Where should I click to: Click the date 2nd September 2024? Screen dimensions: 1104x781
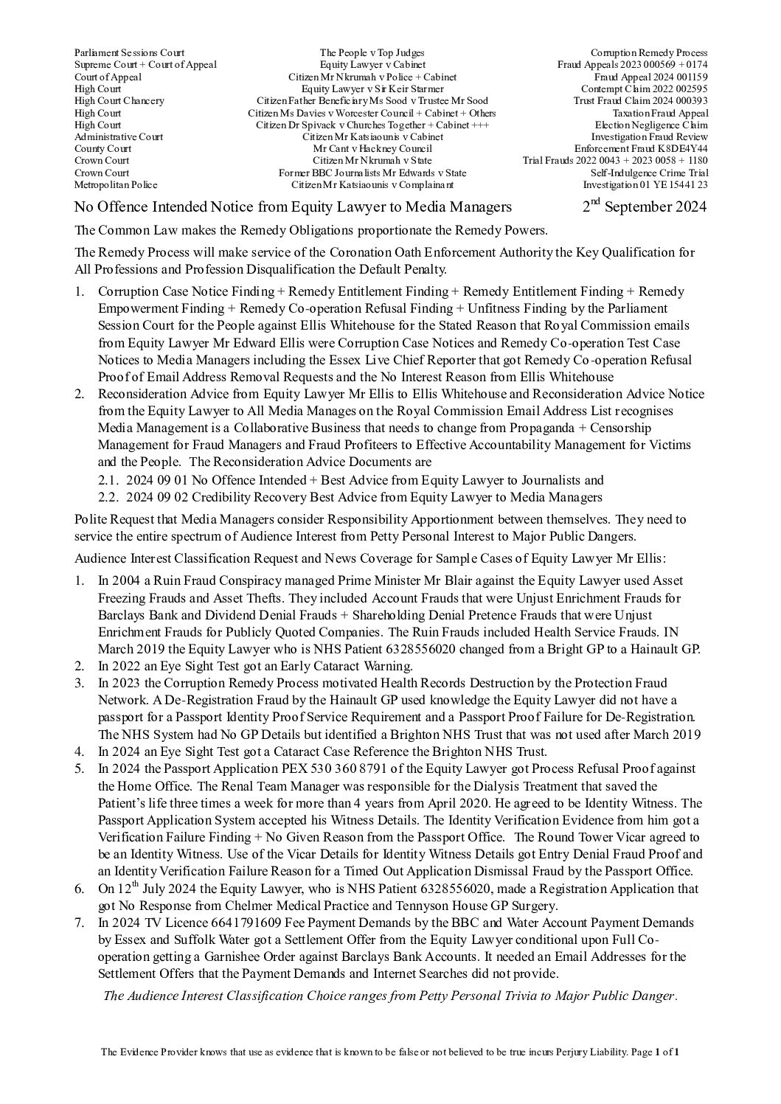pyautogui.click(x=644, y=206)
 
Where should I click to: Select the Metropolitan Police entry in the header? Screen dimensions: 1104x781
pyautogui.click(x=116, y=184)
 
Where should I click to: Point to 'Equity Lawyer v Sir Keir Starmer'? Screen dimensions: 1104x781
pyautogui.click(x=372, y=88)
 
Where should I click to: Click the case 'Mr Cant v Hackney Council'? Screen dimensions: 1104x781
pyautogui.click(x=372, y=148)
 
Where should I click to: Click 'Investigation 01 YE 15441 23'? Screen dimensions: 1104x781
pyautogui.click(x=645, y=184)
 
